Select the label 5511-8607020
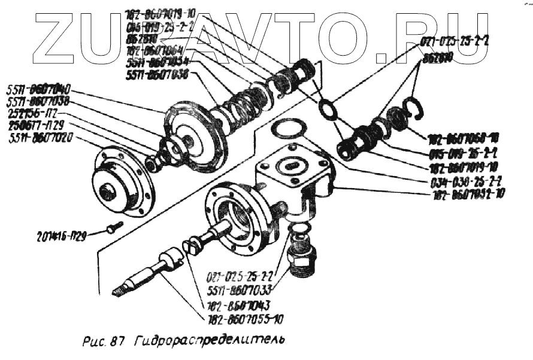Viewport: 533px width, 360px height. click(x=41, y=136)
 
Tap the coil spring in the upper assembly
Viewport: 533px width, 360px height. click(x=246, y=102)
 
